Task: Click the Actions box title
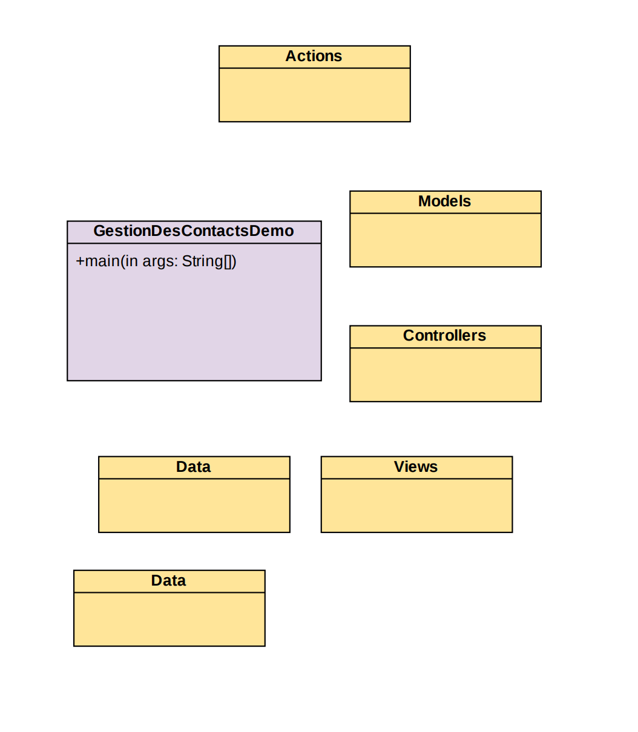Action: click(x=314, y=56)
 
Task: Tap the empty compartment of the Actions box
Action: click(x=314, y=95)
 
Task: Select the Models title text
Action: click(x=444, y=201)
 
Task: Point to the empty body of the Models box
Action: click(x=445, y=240)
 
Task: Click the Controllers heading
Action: click(x=444, y=336)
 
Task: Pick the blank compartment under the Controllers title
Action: click(x=445, y=374)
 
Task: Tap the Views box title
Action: click(x=416, y=467)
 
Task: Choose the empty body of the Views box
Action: click(x=416, y=505)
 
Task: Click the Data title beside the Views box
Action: click(x=194, y=467)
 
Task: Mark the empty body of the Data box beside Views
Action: click(x=194, y=505)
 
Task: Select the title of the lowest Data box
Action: click(x=168, y=581)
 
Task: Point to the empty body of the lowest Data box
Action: click(x=169, y=619)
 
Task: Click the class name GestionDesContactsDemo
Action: click(x=194, y=231)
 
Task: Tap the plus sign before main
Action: click(x=80, y=261)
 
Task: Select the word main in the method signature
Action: click(x=102, y=261)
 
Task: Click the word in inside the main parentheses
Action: click(x=131, y=261)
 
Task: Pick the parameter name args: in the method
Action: click(x=160, y=261)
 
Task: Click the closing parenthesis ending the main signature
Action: click(x=234, y=261)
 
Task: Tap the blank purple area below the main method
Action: click(x=194, y=327)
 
